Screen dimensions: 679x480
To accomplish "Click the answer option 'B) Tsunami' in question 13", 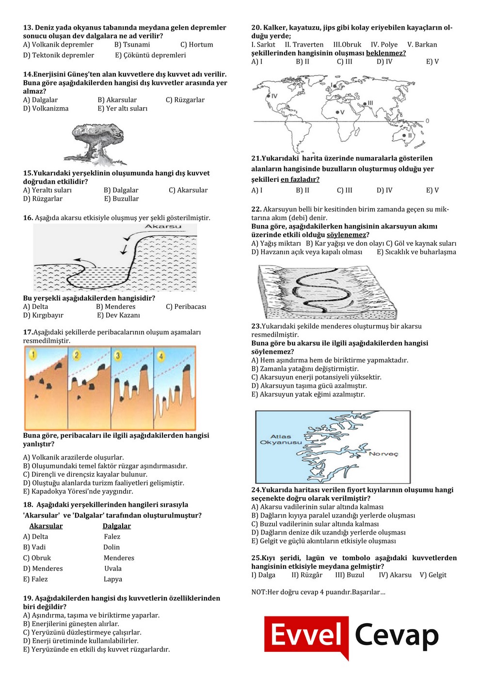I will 132,45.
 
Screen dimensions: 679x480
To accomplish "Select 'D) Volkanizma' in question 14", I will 46,109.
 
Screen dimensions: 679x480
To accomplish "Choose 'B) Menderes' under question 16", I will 116,307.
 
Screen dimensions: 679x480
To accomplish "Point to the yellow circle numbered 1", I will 33,355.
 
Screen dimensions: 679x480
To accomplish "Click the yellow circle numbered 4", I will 161,356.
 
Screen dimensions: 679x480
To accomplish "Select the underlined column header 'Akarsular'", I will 46,526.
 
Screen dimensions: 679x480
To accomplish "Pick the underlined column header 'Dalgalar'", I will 117,526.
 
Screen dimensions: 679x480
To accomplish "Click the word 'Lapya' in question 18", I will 113,579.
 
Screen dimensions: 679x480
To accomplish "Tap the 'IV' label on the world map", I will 274,96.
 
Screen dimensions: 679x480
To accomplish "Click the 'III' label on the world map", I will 370,103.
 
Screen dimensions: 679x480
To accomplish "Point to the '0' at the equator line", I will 427,121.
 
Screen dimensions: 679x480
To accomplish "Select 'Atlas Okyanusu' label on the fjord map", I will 281,439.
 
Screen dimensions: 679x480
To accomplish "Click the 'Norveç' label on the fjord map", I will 384,454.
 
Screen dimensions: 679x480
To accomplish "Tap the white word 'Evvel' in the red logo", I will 306,635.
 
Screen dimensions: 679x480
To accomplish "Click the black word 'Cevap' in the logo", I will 396,635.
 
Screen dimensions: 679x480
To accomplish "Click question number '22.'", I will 256,210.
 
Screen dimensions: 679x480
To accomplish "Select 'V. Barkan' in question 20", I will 422,45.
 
